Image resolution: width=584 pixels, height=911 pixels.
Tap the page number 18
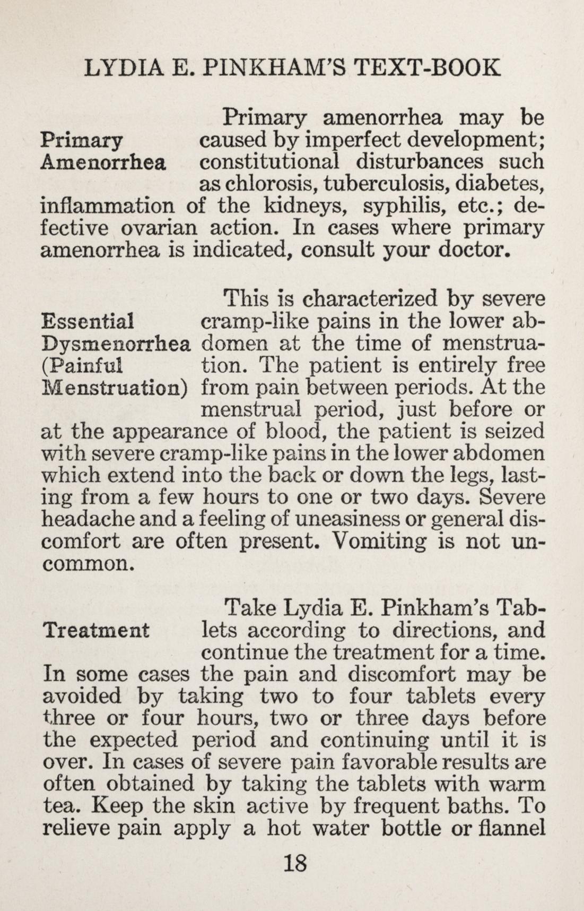pyautogui.click(x=295, y=863)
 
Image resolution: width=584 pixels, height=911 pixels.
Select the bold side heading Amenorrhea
pyautogui.click(x=103, y=161)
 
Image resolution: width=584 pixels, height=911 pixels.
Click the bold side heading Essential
pyautogui.click(x=87, y=321)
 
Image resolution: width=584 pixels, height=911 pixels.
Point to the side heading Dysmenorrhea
pyautogui.click(x=115, y=343)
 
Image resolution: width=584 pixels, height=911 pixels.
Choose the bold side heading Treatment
pyautogui.click(x=96, y=630)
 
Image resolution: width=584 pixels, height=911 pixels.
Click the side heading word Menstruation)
pyautogui.click(x=115, y=388)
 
